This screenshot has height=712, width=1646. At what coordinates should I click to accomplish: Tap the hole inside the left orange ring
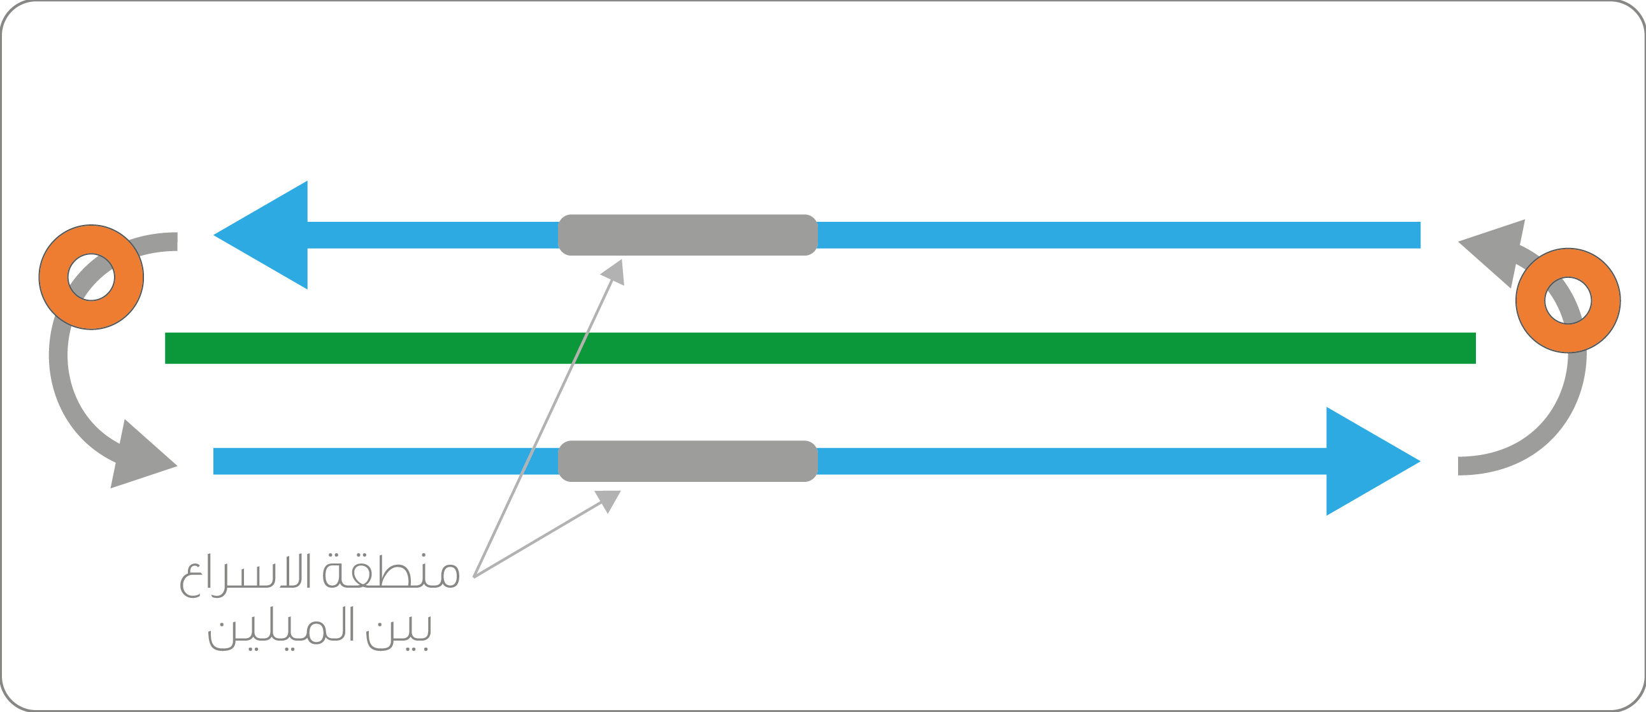click(91, 277)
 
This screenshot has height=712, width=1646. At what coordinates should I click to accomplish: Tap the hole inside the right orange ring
click(1568, 300)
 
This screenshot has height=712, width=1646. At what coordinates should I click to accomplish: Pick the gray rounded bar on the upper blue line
click(687, 235)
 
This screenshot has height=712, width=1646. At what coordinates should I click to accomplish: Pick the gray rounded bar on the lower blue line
click(687, 461)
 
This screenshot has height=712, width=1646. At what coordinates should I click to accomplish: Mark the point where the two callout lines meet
click(474, 576)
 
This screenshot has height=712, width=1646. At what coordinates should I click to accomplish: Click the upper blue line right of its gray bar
click(1118, 235)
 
